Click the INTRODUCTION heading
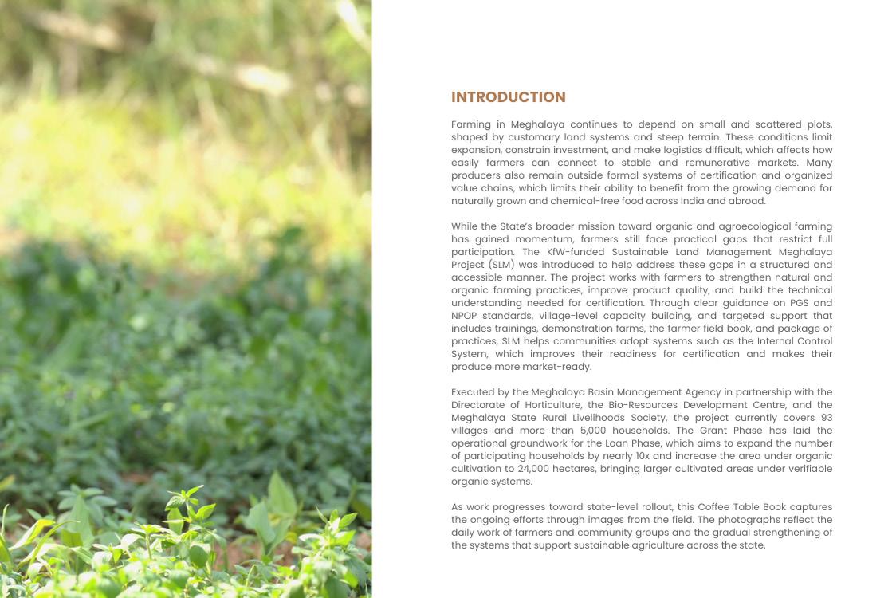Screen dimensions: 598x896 [508, 97]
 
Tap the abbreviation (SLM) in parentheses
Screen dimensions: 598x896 [501, 265]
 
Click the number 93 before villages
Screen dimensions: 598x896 [825, 418]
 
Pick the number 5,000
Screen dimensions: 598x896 [596, 431]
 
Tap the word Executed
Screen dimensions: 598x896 [474, 392]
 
